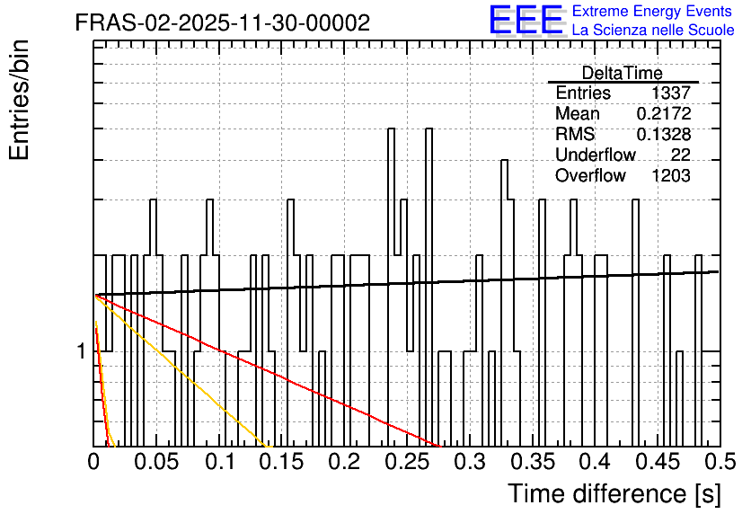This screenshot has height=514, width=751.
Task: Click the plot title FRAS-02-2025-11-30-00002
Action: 223,22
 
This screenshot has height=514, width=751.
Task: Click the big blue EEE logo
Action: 526,20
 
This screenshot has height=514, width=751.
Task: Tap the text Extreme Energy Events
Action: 652,11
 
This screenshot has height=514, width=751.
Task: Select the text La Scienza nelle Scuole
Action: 653,30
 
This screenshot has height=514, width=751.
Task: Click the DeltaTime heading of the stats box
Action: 623,73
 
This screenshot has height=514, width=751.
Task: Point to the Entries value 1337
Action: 670,93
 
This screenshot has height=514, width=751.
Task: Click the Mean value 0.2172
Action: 664,113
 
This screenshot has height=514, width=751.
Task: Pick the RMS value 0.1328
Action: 664,134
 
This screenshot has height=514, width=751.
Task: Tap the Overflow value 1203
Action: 671,176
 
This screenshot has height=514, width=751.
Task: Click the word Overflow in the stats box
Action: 590,176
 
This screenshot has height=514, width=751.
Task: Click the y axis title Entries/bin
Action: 20,100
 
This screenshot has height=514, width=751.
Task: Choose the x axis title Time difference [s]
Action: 614,493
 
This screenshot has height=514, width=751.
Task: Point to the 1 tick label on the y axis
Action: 82,351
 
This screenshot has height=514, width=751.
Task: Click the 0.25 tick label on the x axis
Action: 407,462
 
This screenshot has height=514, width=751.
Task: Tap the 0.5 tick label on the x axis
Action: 720,462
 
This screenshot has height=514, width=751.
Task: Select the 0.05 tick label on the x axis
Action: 156,462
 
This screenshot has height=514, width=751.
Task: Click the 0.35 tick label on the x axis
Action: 533,462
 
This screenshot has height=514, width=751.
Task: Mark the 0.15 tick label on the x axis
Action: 282,462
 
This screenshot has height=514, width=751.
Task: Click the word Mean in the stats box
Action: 577,113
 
